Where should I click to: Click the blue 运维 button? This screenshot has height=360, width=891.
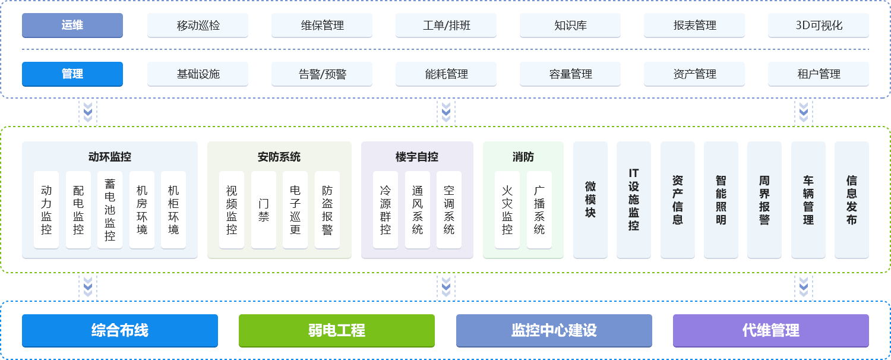click(x=72, y=26)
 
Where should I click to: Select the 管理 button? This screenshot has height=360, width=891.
click(x=72, y=74)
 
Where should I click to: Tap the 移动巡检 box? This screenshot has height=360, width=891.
click(x=198, y=26)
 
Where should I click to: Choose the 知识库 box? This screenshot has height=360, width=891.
click(x=570, y=26)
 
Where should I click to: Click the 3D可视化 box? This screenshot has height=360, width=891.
click(x=819, y=26)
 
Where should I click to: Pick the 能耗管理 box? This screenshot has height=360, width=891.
click(x=446, y=74)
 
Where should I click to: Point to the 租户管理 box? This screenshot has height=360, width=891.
click(x=819, y=74)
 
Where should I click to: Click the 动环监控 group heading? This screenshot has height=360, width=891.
click(x=110, y=157)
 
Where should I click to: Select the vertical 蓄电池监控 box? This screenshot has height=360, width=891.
click(x=110, y=210)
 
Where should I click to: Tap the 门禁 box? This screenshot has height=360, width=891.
click(x=264, y=210)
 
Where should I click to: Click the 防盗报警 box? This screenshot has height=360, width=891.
click(x=327, y=210)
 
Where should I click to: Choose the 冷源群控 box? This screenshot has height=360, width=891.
click(x=386, y=210)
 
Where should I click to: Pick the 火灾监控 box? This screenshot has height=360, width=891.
click(x=507, y=210)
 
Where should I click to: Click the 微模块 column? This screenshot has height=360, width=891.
click(x=590, y=200)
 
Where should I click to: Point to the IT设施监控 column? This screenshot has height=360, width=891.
click(x=634, y=200)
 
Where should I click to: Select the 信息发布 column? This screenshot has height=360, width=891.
click(x=852, y=200)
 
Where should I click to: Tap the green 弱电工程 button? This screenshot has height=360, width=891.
click(x=337, y=330)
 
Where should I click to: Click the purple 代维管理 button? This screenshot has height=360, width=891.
click(x=771, y=330)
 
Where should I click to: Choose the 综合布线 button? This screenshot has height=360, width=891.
click(x=120, y=330)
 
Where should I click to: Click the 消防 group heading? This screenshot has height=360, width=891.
click(x=523, y=157)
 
